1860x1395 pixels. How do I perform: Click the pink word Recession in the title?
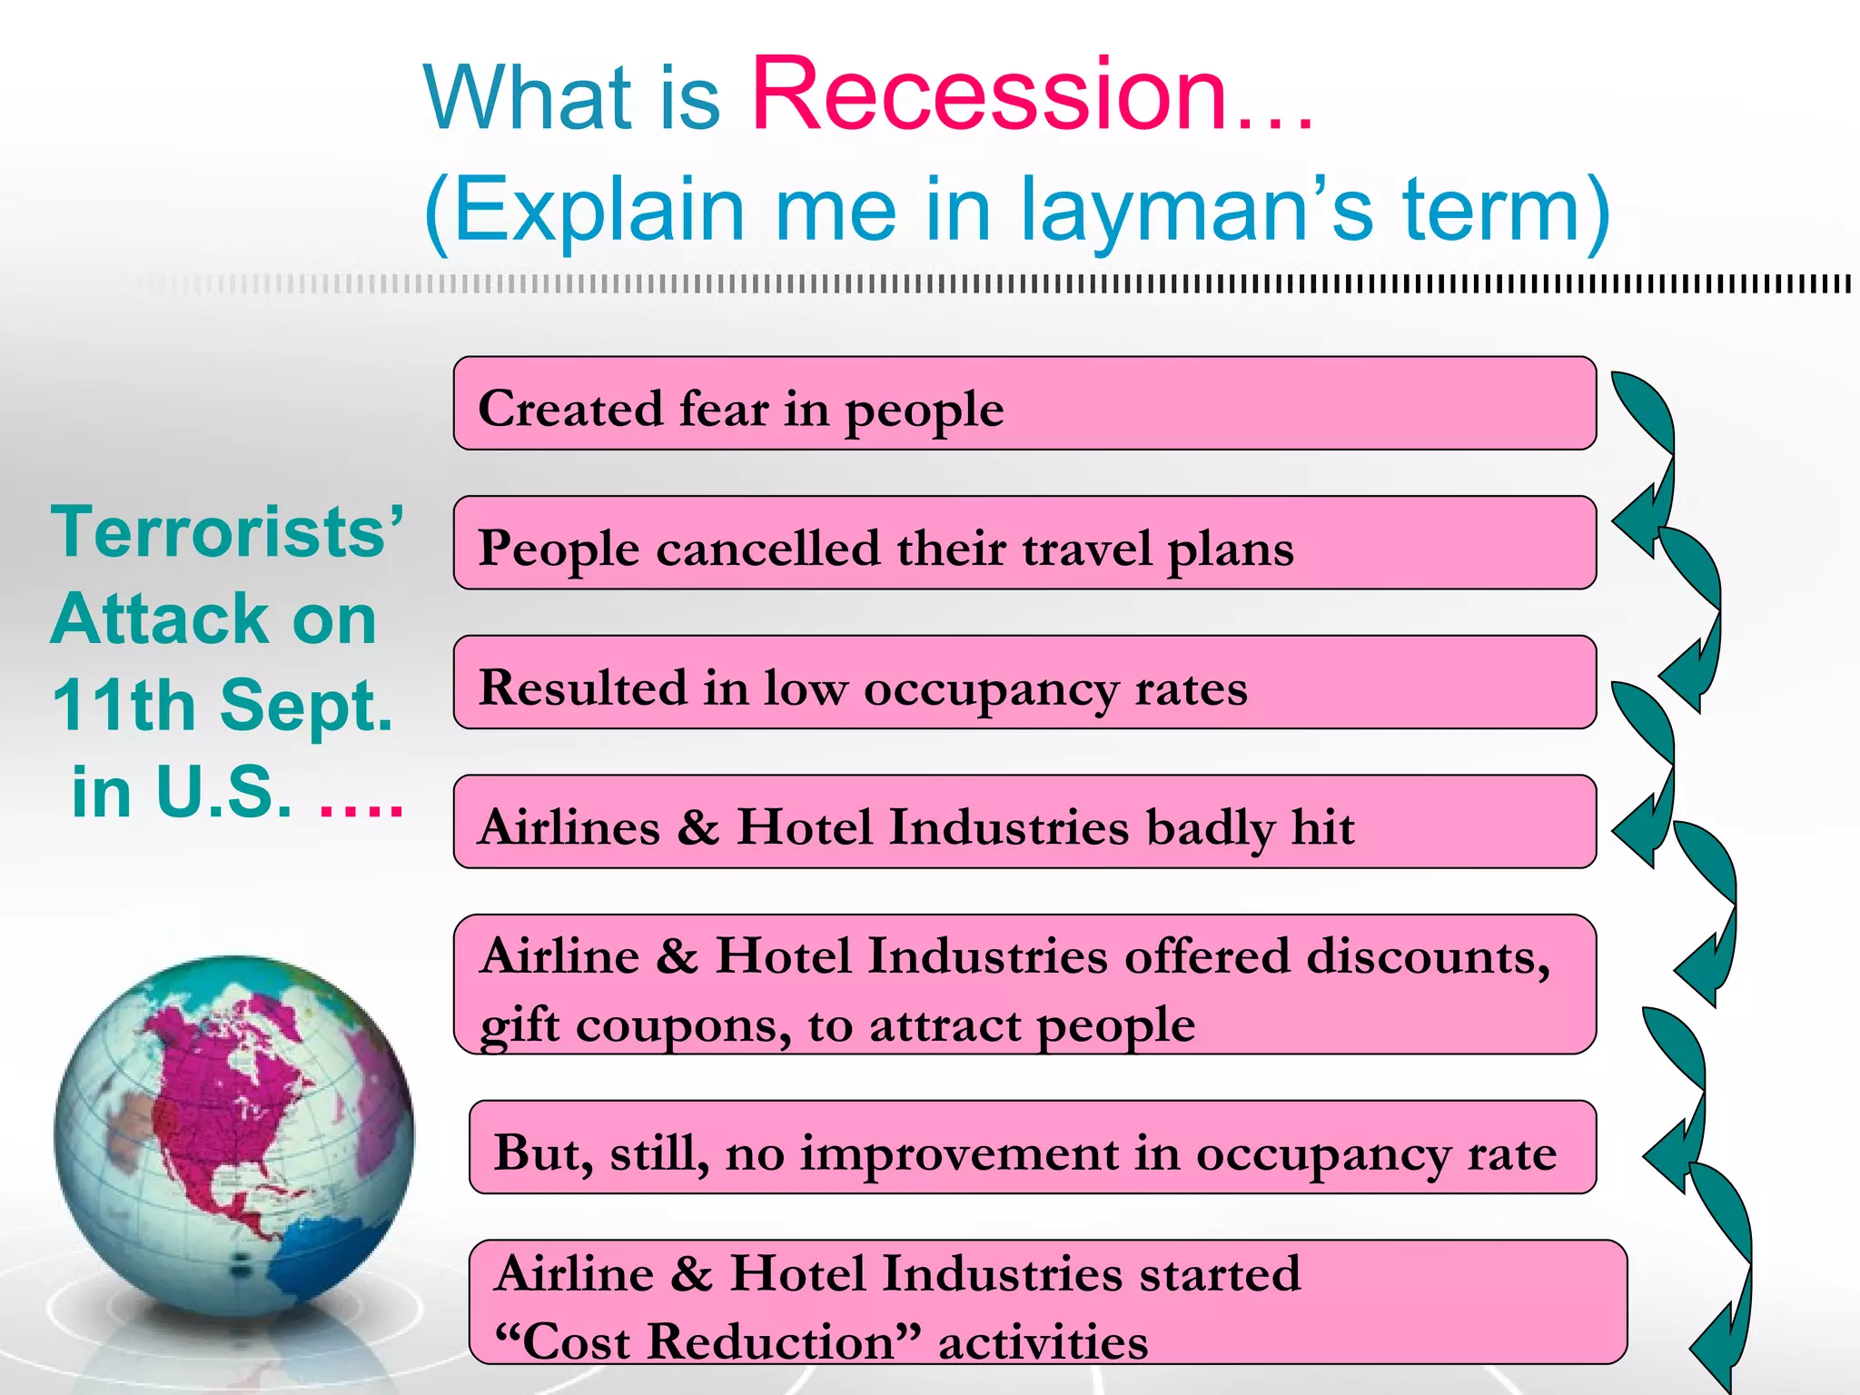(x=990, y=95)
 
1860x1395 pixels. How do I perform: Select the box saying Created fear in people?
(x=1024, y=404)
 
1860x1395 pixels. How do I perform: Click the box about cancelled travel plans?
(x=1024, y=543)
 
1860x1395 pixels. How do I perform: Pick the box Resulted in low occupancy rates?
(x=1024, y=683)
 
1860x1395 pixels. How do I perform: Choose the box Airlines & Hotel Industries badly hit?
(x=1024, y=822)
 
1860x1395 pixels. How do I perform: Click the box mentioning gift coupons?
(x=1024, y=985)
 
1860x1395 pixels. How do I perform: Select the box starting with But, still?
(x=1032, y=1148)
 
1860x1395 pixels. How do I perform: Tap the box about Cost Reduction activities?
(x=1047, y=1302)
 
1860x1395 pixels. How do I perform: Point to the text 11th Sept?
(x=223, y=706)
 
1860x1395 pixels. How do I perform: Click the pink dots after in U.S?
(x=361, y=797)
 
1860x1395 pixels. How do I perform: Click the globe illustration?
(x=234, y=1135)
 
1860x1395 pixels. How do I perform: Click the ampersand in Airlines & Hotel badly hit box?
(x=697, y=827)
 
